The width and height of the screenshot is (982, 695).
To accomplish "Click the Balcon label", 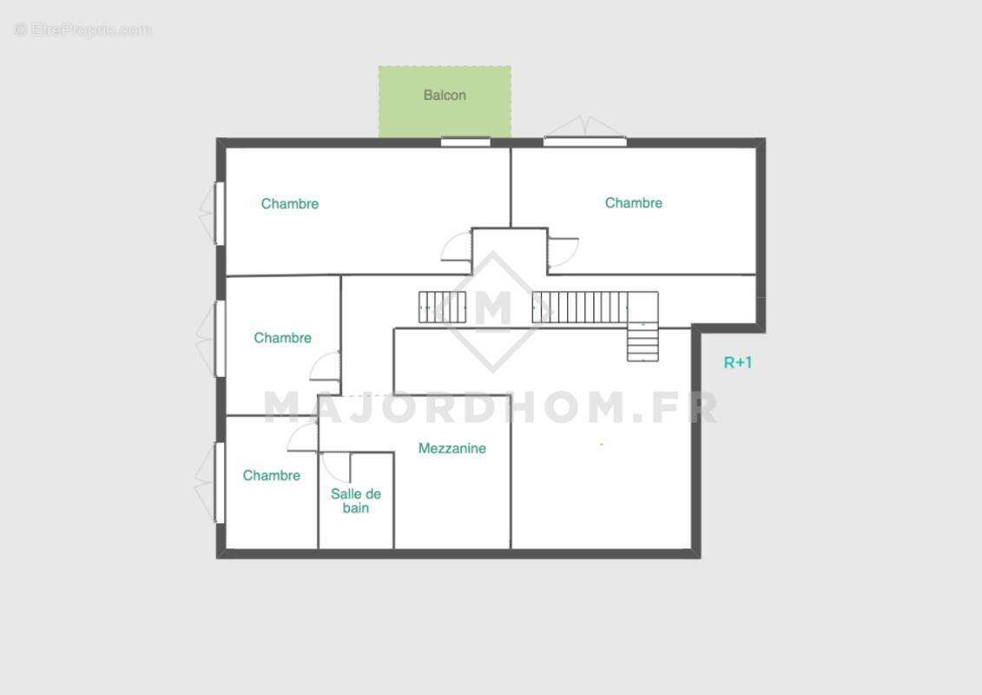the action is tap(445, 96).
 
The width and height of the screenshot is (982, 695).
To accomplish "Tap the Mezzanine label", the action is tap(452, 449).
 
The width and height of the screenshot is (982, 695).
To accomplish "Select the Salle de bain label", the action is tap(356, 500).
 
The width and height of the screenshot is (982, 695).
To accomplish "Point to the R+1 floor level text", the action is tap(738, 362).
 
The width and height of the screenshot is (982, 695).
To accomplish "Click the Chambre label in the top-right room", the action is tap(634, 203).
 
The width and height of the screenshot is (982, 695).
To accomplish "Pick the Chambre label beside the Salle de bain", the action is tap(271, 476).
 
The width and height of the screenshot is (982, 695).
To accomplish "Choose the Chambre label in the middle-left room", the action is tap(282, 338).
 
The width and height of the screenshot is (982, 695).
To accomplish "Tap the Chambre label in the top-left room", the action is tap(290, 203).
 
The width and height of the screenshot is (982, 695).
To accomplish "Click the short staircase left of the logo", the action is tap(442, 307).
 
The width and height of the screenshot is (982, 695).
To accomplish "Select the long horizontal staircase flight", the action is tap(580, 307).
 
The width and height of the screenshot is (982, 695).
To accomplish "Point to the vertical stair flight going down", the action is tap(643, 341).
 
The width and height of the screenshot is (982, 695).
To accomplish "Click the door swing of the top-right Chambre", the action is tap(563, 253).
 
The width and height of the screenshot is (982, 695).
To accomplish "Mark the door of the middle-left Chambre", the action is tap(326, 367).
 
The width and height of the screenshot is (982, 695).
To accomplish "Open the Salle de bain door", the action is tap(336, 467).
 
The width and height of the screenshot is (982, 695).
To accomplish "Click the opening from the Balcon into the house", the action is tap(465, 142).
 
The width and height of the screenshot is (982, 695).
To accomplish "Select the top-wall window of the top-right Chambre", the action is tap(585, 142).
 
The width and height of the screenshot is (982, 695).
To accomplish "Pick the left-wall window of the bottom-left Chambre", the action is tap(220, 482).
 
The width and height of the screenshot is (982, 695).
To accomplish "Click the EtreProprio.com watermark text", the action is tap(83, 30).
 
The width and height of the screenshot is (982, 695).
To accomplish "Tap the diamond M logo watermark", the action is tap(493, 312).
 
